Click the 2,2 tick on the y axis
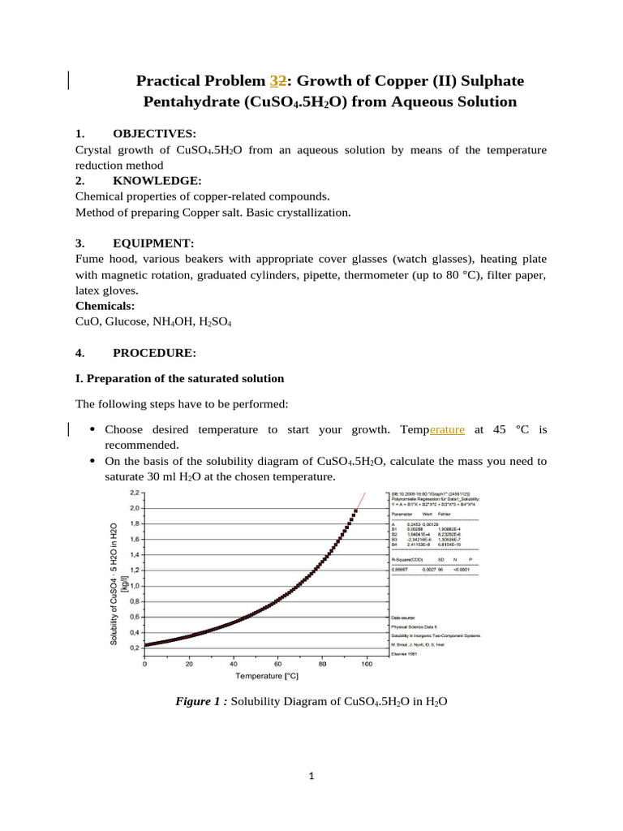tap(135, 493)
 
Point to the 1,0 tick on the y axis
tap(135, 585)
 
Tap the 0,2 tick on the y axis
tap(135, 647)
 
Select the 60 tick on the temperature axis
tap(277, 663)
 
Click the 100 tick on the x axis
tap(366, 663)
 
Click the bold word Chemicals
tap(105, 306)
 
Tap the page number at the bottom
tap(311, 777)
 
